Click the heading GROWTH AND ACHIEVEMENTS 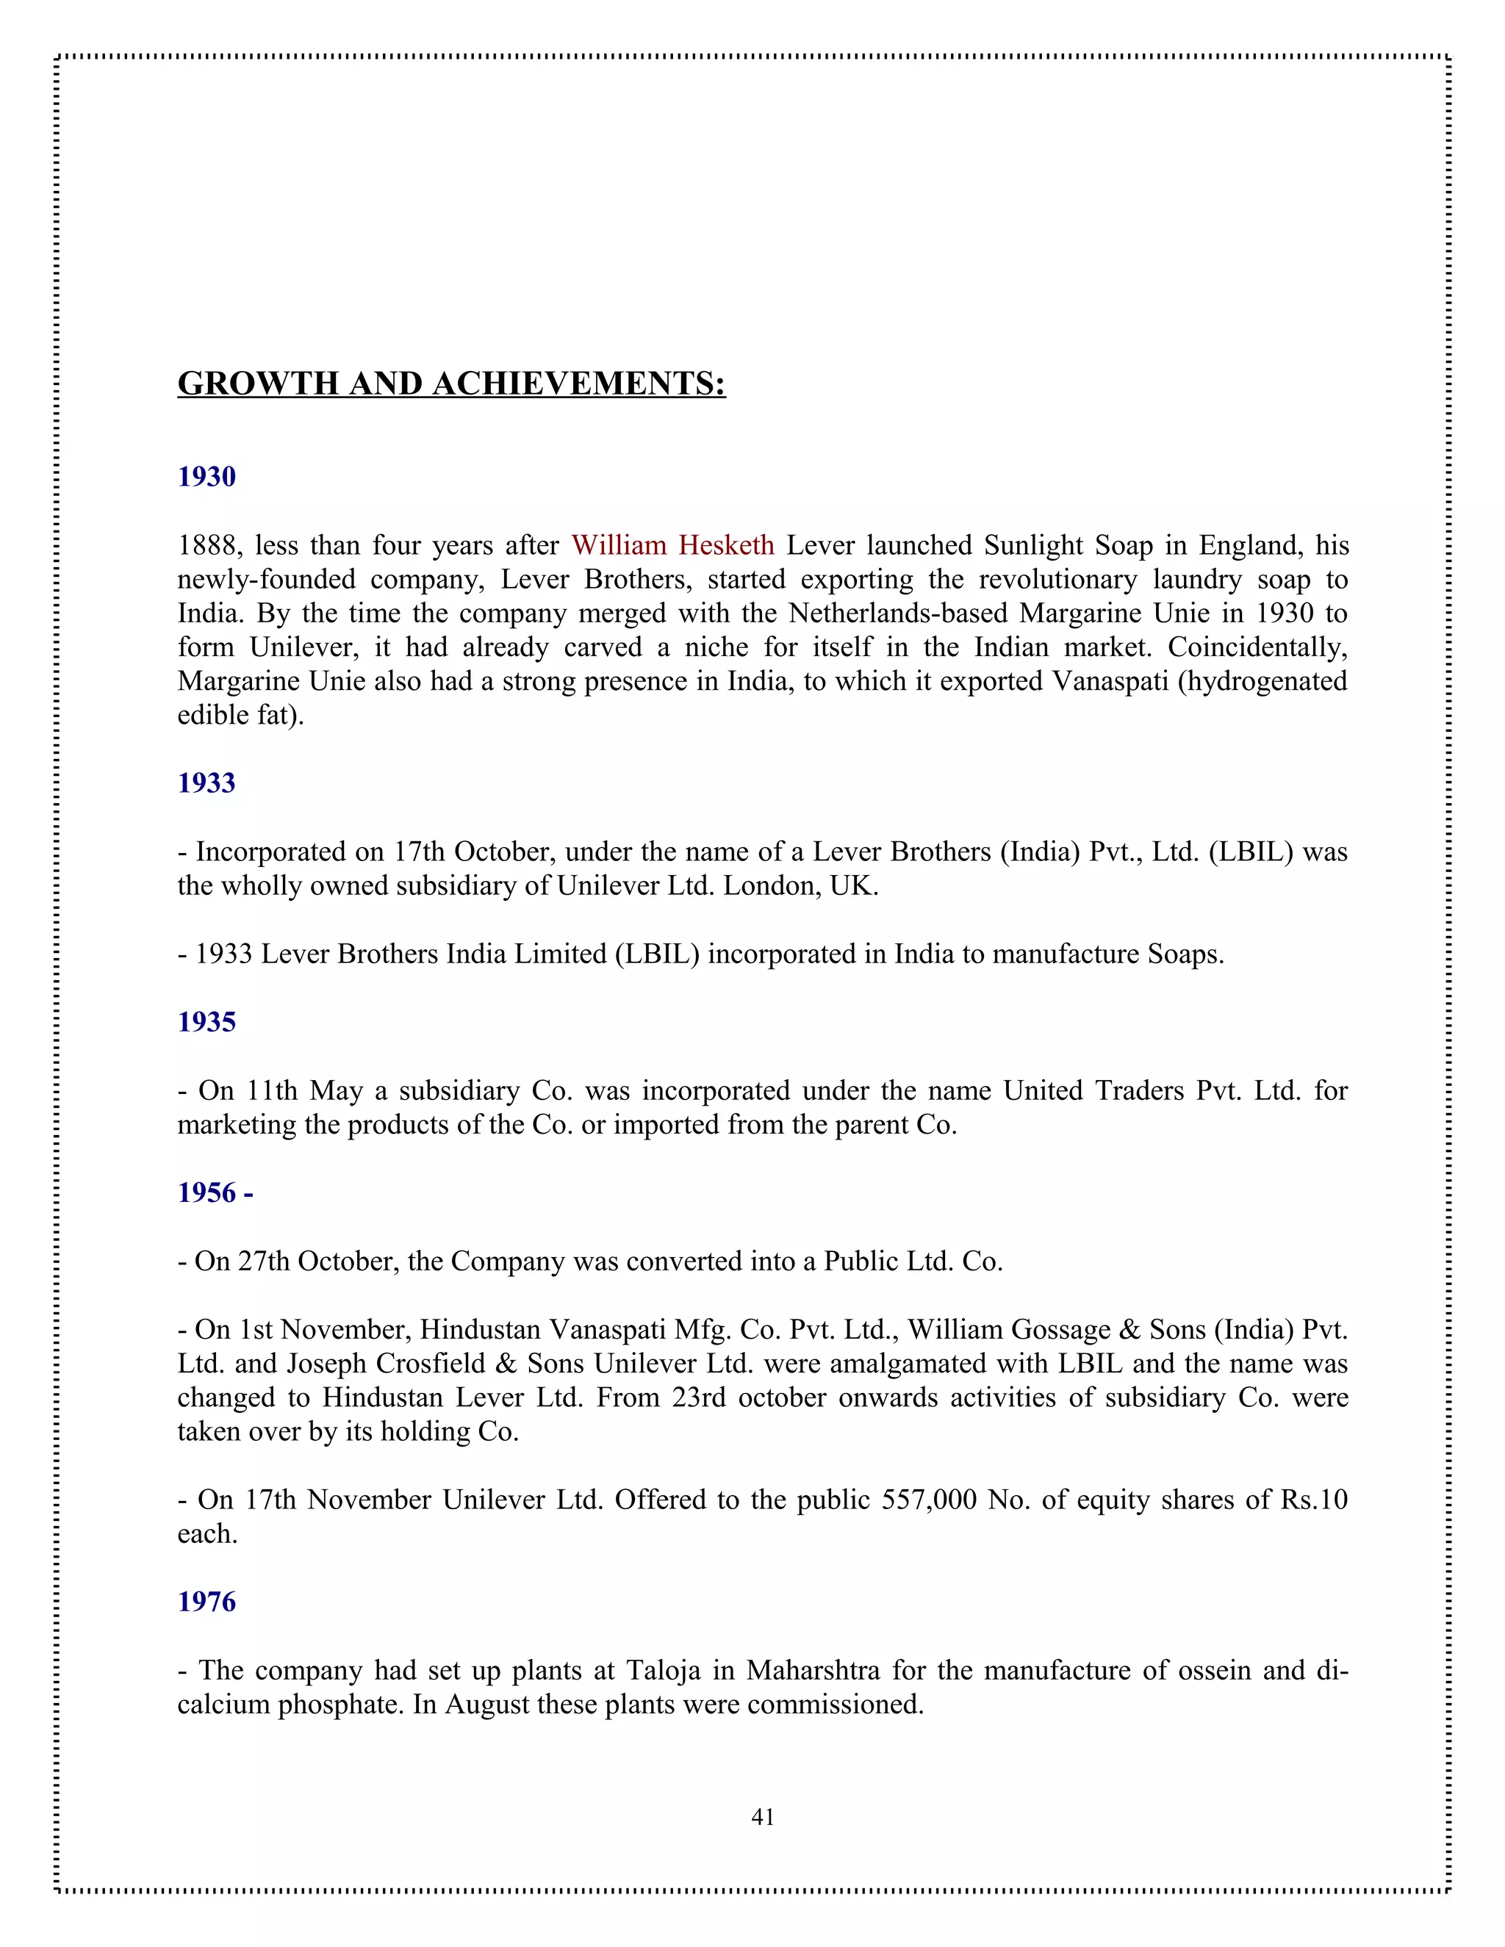(451, 384)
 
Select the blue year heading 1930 (206, 477)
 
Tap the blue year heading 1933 (206, 782)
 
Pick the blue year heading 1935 (206, 1022)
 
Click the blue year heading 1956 (214, 1192)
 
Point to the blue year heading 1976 (206, 1602)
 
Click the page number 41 (762, 1817)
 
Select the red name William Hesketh (672, 546)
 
